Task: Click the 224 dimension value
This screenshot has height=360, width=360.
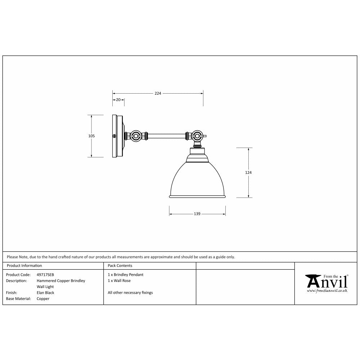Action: point(158,93)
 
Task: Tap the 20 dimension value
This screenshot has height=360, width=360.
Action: point(118,100)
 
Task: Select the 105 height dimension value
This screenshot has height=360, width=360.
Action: point(91,136)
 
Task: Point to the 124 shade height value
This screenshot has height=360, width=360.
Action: point(248,173)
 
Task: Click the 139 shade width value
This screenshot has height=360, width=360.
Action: point(197,214)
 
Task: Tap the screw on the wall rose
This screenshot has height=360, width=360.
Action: point(114,136)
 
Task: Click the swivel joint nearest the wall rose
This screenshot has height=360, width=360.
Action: point(136,136)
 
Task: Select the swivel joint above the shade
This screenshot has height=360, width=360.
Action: point(197,136)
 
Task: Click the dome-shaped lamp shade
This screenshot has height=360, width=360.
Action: point(197,178)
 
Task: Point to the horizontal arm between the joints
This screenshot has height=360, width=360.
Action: point(166,136)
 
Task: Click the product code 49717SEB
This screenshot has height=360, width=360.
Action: point(45,275)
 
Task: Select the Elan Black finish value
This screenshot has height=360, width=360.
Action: point(45,293)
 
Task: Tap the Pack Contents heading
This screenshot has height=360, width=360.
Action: point(120,266)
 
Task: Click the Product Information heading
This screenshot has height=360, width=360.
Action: point(24,266)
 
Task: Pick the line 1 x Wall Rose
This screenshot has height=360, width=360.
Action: point(119,280)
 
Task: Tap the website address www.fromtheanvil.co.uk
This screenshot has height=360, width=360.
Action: point(327,290)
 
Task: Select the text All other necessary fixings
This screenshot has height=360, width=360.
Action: point(130,293)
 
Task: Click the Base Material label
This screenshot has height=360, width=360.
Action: point(18,298)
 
